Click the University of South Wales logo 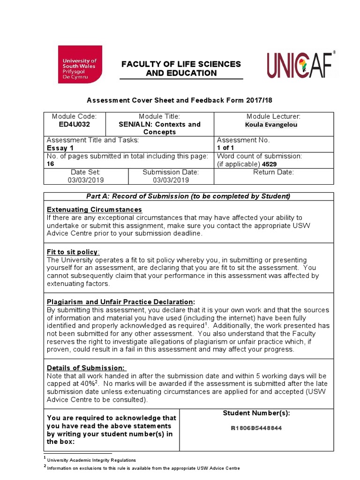tap(80, 64)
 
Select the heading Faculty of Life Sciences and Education tap(181, 68)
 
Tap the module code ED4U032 tap(75, 124)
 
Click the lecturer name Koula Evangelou tap(271, 125)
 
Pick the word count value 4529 tap(269, 165)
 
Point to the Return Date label tap(273, 172)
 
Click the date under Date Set tap(86, 180)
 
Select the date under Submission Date tap(171, 180)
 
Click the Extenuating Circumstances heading tap(94, 210)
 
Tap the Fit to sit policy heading tap(73, 252)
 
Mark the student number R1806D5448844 tap(256, 428)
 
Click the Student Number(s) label tap(256, 413)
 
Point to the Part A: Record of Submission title tap(189, 196)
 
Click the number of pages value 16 tap(51, 164)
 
